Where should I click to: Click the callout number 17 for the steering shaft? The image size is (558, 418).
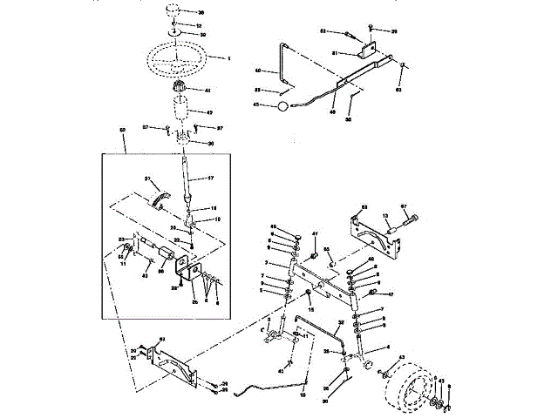point(210,178)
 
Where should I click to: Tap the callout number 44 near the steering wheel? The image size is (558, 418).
point(208,90)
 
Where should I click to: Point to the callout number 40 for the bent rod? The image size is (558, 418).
point(257,70)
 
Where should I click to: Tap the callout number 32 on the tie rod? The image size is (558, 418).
point(341,322)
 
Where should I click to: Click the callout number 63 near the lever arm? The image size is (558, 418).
point(399,89)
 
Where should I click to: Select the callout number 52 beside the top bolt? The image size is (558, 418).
point(322,31)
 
